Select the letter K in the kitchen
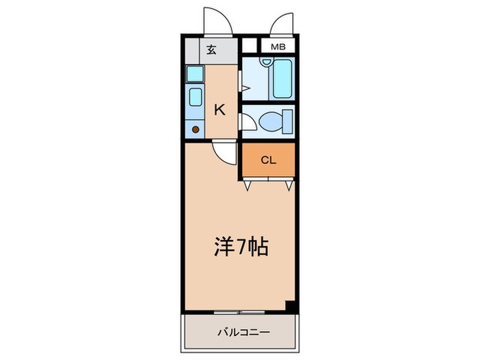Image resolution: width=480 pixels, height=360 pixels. pos(221,109)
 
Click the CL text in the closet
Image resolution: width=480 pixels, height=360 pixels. pos(267,160)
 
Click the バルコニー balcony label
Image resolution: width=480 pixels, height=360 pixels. pos(239,333)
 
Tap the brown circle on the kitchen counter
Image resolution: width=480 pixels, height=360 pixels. pos(195,128)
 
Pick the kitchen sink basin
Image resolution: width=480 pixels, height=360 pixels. pos(195,99)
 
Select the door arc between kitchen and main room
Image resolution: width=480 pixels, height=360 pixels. pos(223,152)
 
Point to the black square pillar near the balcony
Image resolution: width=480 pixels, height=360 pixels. pos(291,307)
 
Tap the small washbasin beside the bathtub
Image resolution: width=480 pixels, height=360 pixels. pos(265,64)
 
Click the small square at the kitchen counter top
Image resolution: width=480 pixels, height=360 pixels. pos(194,74)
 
